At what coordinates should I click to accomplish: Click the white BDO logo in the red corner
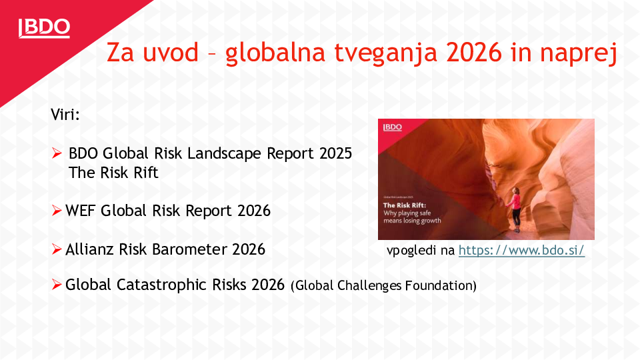(44, 27)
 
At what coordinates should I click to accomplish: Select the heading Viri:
(65, 114)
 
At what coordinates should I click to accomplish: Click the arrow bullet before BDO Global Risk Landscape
(57, 154)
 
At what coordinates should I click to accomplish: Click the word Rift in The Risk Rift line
(145, 172)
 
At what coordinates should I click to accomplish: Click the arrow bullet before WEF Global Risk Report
(57, 211)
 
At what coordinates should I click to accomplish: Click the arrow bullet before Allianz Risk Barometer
(57, 250)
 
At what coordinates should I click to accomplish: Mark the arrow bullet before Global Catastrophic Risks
(57, 285)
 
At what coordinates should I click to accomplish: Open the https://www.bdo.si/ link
(521, 251)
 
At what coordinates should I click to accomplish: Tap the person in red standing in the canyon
(515, 209)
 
